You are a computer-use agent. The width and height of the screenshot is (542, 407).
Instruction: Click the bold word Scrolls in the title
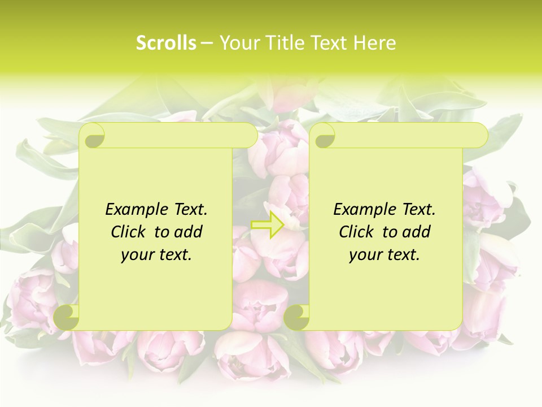coord(166,43)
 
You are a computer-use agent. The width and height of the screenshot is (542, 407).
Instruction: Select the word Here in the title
coord(374,43)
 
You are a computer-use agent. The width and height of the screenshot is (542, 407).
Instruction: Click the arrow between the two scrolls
coord(268,224)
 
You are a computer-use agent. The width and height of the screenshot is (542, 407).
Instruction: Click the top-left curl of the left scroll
coord(94,136)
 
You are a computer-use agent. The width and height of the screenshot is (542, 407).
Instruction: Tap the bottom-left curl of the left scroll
coord(67,317)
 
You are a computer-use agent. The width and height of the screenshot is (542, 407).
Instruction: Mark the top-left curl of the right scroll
coord(324,136)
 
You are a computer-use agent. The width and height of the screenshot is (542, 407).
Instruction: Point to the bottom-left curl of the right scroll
coord(296,317)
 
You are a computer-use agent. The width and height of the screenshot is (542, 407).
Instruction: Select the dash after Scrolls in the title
coord(207,43)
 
